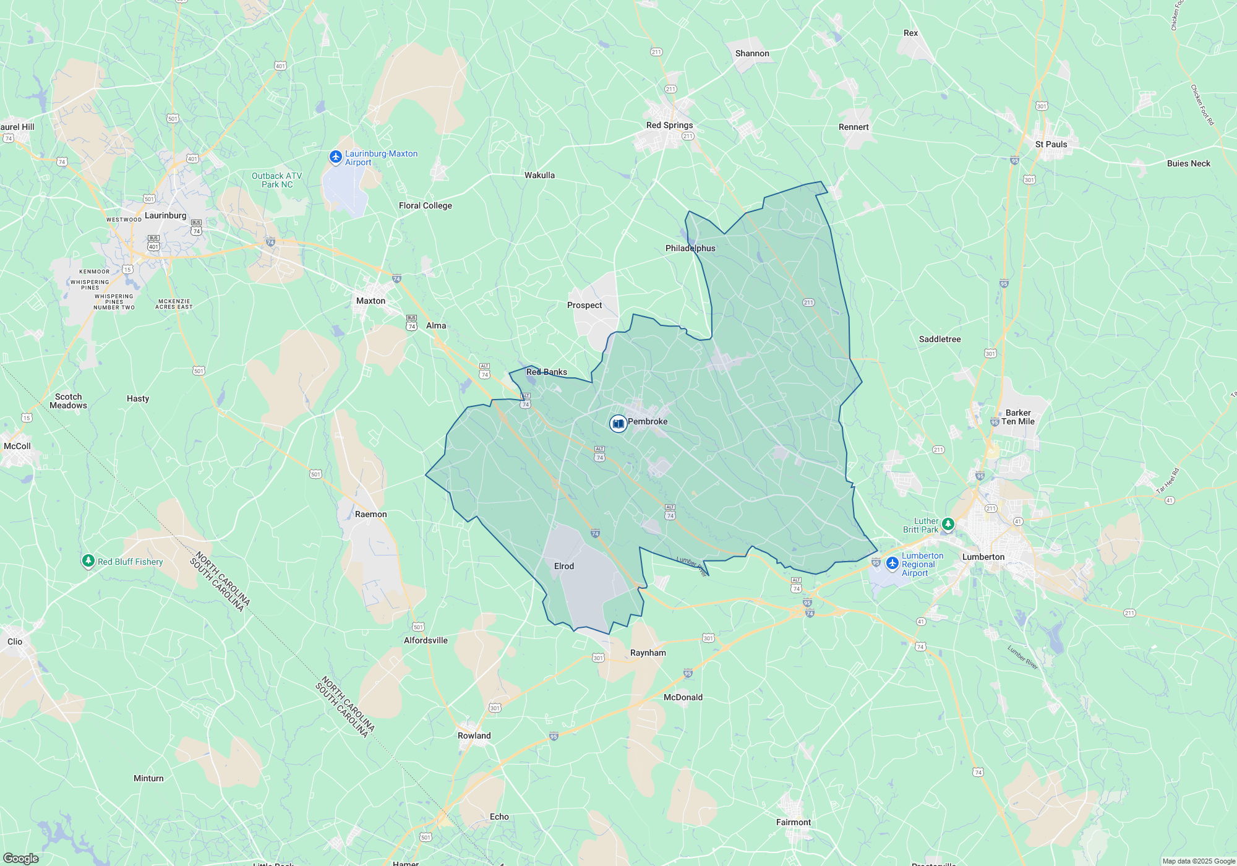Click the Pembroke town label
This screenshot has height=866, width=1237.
648,421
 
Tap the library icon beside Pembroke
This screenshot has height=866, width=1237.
618,424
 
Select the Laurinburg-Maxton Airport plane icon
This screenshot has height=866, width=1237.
336,157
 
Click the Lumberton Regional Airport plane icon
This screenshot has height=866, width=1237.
892,564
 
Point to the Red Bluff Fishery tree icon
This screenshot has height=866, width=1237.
88,561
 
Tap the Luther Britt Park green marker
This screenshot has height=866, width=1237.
948,525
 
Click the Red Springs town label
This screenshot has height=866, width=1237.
669,125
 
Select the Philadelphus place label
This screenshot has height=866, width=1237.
690,248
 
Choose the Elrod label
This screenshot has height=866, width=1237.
564,566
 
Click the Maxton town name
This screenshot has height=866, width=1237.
370,301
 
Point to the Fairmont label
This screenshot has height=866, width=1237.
794,822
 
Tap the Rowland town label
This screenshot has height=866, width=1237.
474,735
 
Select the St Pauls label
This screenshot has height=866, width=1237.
1051,144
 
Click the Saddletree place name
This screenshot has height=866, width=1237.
940,339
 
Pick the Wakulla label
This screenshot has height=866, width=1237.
539,175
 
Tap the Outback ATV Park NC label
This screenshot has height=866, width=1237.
277,180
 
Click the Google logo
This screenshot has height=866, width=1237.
20,858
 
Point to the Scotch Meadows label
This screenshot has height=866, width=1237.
68,401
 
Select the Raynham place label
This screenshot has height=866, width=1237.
648,653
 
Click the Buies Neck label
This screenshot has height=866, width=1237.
1188,163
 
